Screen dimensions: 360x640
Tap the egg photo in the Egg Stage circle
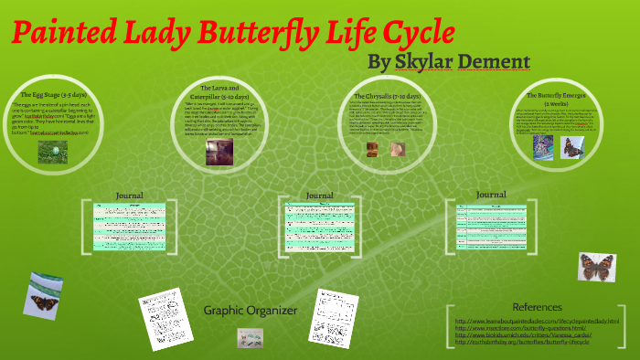pyautogui.click(x=52, y=151)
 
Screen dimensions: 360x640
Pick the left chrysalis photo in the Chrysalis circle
pyautogui.click(x=373, y=149)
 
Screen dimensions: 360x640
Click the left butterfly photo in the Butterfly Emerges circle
pyautogui.click(x=542, y=148)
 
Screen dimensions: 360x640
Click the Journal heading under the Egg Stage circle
pyautogui.click(x=130, y=195)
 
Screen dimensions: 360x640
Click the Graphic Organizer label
pyautogui.click(x=251, y=311)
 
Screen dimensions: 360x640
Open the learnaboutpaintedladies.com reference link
pyautogui.click(x=537, y=321)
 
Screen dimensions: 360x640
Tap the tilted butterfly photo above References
pyautogui.click(x=598, y=267)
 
